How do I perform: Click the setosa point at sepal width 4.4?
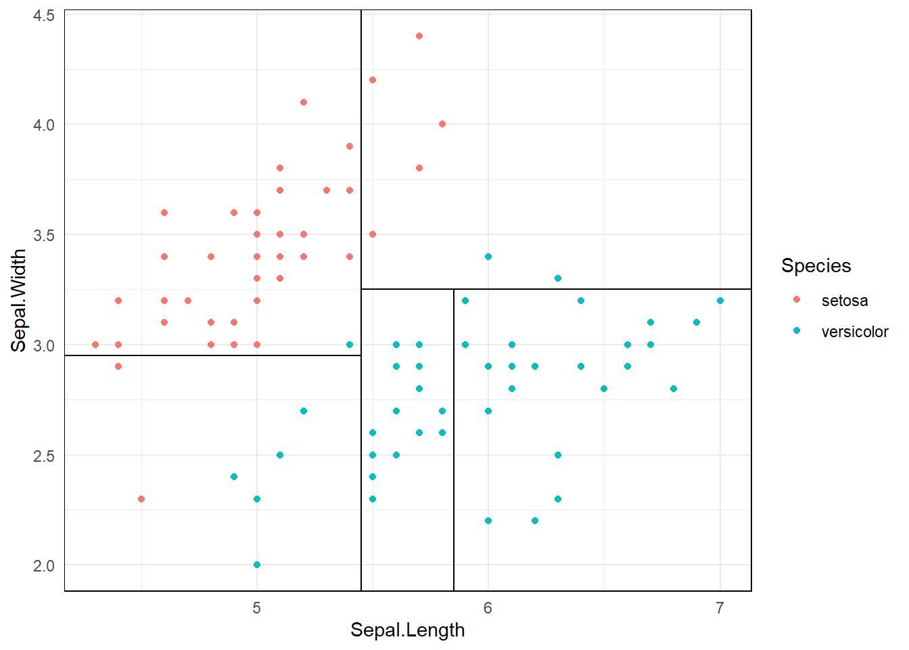coord(419,36)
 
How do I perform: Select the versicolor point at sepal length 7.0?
coord(720,301)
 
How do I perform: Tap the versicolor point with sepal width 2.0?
coord(257,565)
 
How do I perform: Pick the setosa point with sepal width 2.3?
coord(141,499)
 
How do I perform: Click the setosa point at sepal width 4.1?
coord(304,102)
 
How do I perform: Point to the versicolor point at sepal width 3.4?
coord(488,257)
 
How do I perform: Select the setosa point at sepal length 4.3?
coord(95,345)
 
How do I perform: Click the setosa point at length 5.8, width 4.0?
coord(442,124)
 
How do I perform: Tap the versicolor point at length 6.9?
coord(697,322)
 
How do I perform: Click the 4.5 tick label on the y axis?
coord(44,15)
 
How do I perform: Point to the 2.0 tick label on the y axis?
coord(44,566)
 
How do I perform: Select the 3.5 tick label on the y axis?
coord(44,236)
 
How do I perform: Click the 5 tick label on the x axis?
coord(257,608)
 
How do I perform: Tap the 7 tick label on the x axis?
coord(720,608)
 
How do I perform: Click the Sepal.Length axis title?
coord(407,630)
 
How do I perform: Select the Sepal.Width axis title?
coord(19,301)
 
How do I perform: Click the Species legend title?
coord(816,265)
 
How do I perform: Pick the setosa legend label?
coord(844,301)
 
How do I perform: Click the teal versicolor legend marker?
coord(797,331)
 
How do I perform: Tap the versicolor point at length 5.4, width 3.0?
coord(350,345)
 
